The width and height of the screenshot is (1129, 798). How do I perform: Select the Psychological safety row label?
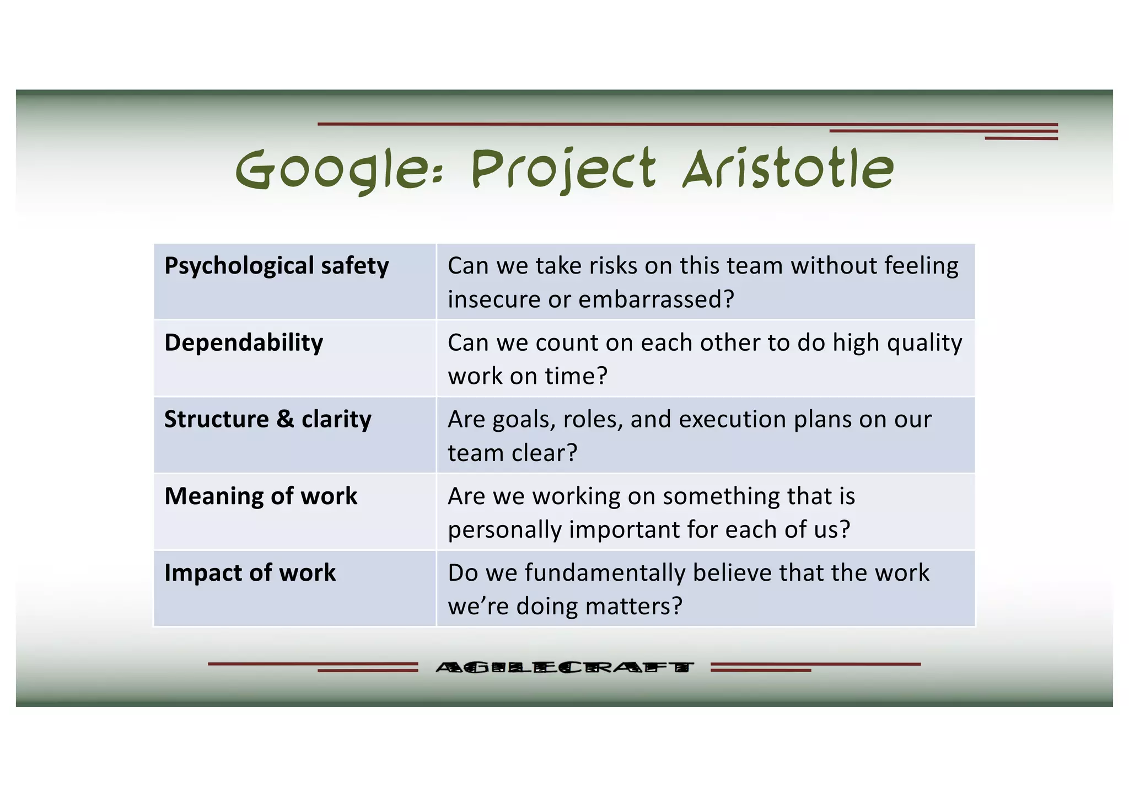tap(276, 266)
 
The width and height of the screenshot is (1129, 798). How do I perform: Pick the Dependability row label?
tap(244, 342)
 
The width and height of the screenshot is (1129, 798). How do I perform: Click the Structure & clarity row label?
tap(267, 419)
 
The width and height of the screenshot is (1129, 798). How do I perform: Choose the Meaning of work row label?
tap(261, 496)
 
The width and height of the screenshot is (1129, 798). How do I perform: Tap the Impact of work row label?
tap(250, 572)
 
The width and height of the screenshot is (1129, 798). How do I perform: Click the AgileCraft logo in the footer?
tap(564, 667)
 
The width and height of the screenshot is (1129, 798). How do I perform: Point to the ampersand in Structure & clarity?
tap(285, 419)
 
